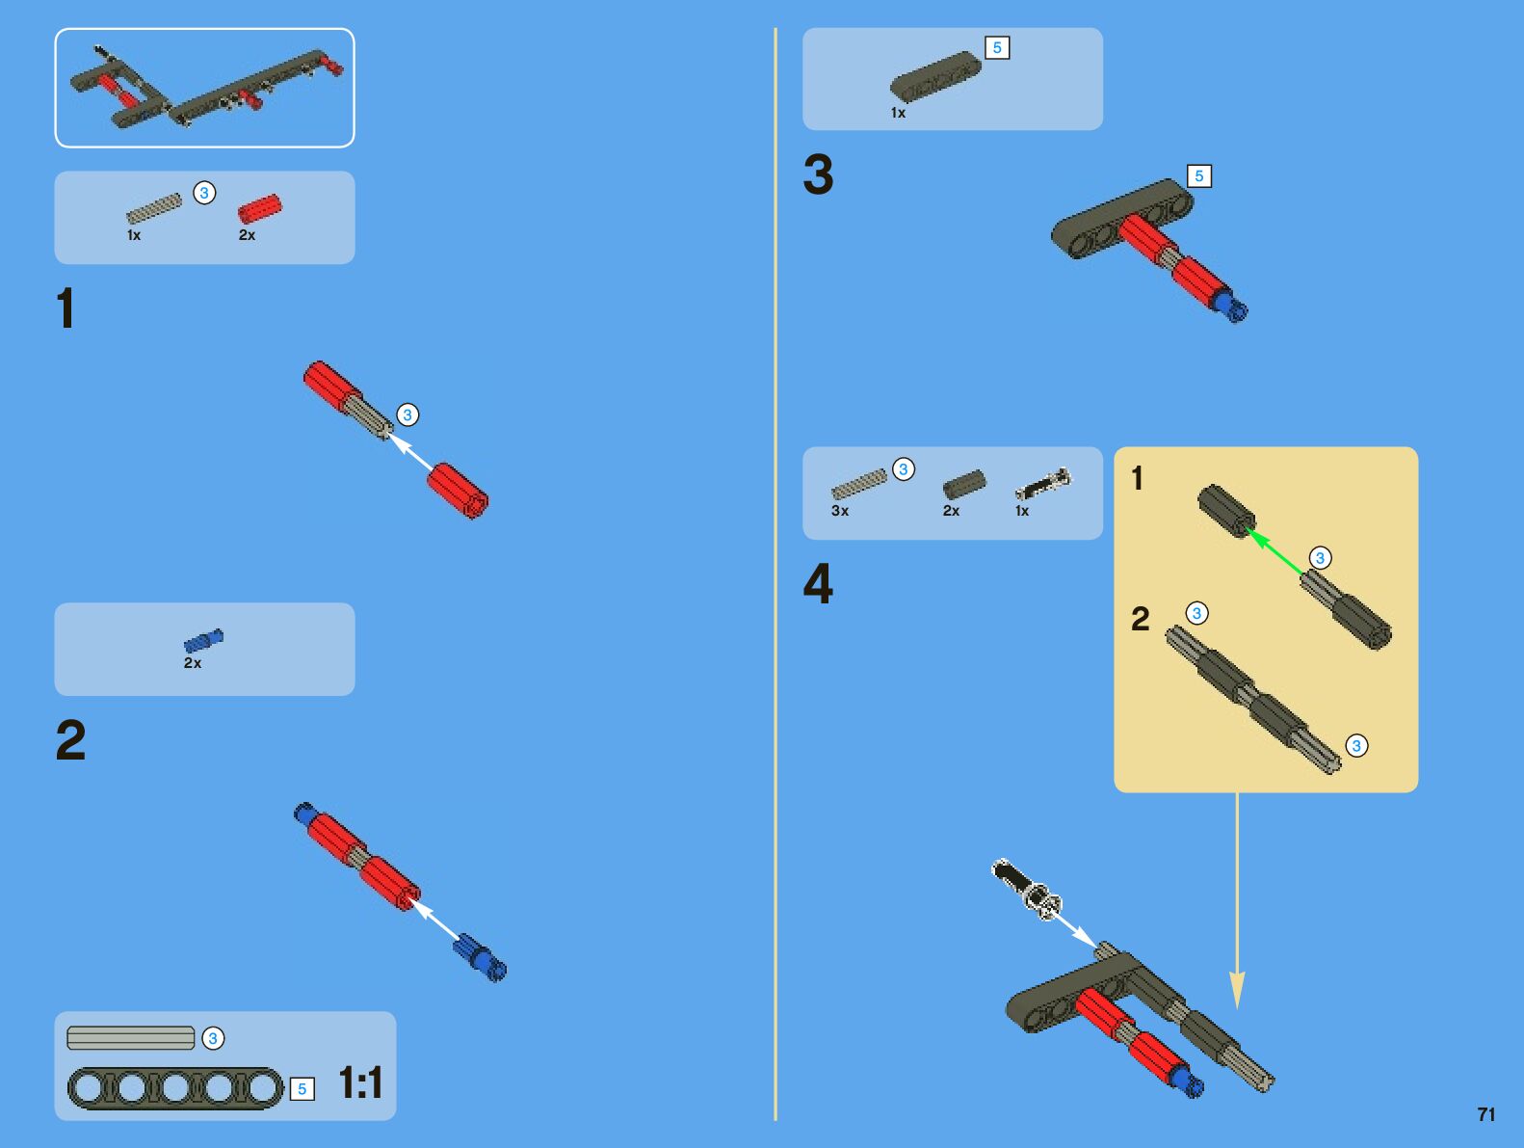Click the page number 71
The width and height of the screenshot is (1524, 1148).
1485,1114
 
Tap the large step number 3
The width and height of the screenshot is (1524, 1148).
818,174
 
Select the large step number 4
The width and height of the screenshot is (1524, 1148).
818,584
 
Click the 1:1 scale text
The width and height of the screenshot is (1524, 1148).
360,1082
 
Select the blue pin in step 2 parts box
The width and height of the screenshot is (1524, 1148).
203,640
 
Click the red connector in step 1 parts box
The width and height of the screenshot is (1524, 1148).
260,208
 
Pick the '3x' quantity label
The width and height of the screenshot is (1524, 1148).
840,511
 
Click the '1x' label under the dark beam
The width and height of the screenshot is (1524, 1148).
898,113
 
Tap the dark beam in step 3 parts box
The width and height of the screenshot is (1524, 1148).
934,77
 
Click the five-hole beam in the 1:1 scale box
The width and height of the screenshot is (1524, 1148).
175,1088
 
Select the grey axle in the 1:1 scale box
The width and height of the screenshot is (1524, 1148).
131,1038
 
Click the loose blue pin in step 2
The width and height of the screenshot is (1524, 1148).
480,956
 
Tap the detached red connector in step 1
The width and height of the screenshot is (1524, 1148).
458,491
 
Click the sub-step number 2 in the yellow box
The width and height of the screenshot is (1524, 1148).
1141,619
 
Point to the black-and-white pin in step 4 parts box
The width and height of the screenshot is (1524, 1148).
1042,483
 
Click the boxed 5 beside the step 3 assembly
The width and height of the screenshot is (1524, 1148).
1198,176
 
